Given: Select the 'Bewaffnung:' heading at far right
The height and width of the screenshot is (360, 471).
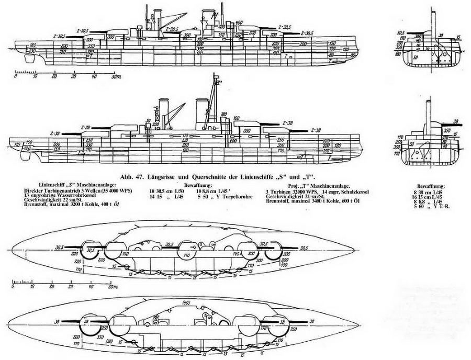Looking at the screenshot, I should pyautogui.click(x=431, y=186).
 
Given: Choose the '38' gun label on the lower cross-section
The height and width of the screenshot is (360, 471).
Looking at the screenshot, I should pyautogui.click(x=456, y=121).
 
